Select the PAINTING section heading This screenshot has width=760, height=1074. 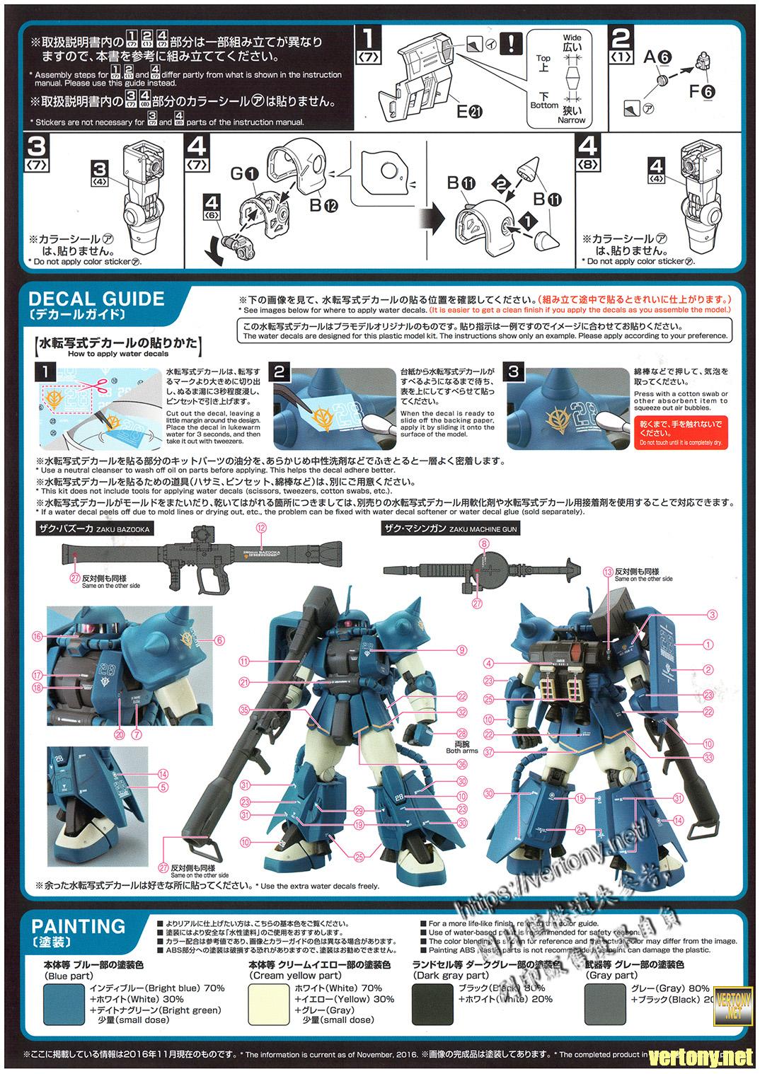(x=79, y=926)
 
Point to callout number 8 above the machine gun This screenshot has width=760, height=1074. (x=485, y=543)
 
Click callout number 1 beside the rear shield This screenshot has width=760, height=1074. (x=709, y=645)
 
